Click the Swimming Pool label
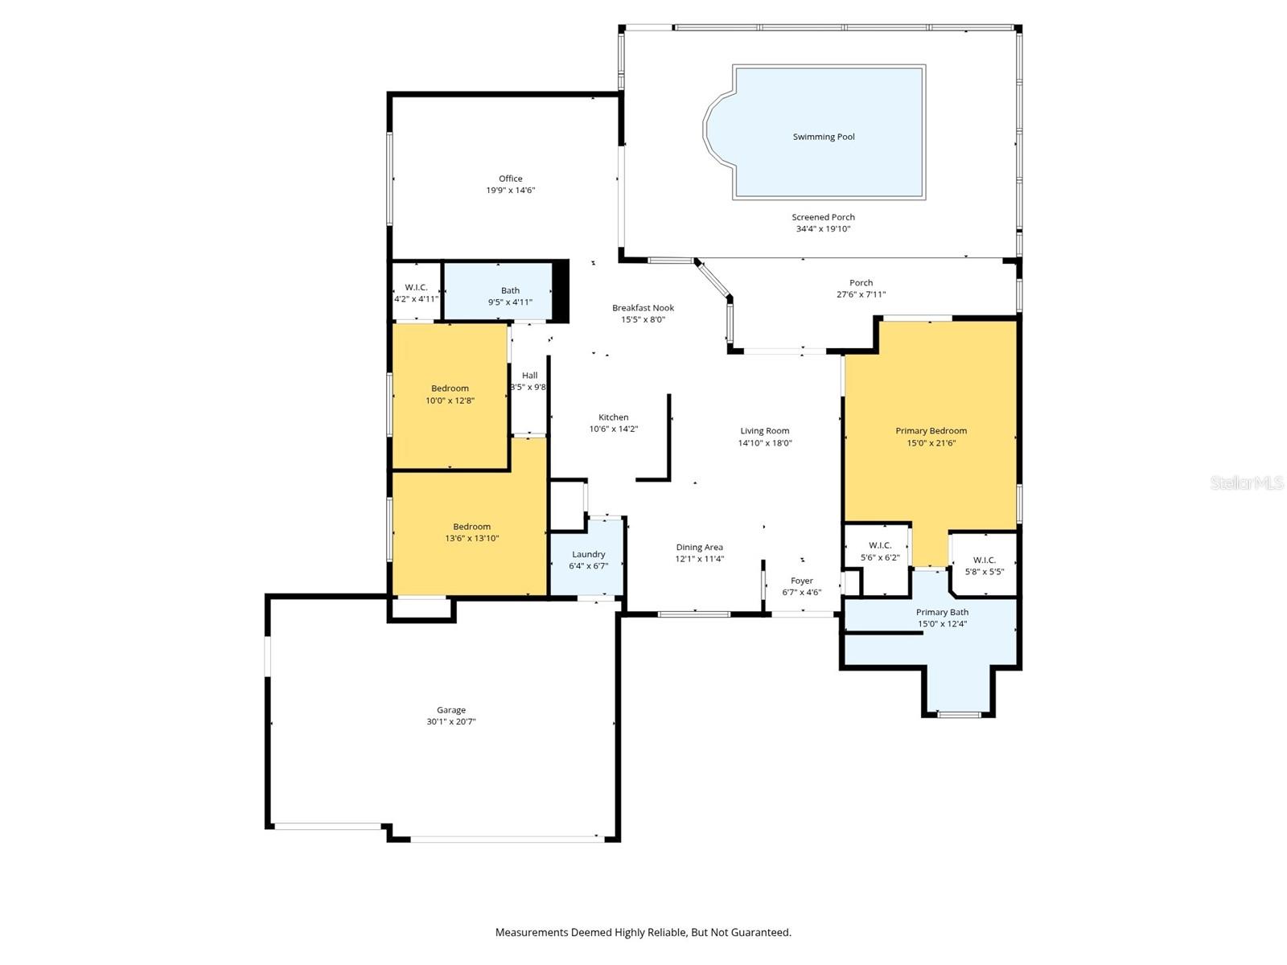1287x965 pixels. [824, 137]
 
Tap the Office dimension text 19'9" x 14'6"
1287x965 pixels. [510, 191]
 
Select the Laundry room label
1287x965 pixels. [588, 554]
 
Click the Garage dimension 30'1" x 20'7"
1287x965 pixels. [450, 722]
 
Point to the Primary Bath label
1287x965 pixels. [942, 612]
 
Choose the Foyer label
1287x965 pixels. [801, 581]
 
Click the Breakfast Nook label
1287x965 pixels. [643, 308]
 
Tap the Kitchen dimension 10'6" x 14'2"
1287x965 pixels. [613, 429]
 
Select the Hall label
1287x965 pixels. [529, 376]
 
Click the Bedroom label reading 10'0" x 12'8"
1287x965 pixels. [450, 388]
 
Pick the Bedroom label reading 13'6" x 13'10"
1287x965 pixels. [471, 527]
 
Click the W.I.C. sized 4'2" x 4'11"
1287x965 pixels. [416, 288]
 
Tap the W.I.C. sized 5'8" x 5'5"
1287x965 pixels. [984, 561]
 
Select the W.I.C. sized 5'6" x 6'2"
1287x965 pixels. [879, 545]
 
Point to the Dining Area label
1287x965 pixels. [699, 547]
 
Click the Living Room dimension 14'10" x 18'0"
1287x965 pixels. [765, 443]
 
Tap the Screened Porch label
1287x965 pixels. [823, 217]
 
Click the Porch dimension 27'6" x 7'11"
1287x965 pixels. [861, 294]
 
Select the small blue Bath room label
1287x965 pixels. [510, 290]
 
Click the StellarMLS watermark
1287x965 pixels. [1247, 482]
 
